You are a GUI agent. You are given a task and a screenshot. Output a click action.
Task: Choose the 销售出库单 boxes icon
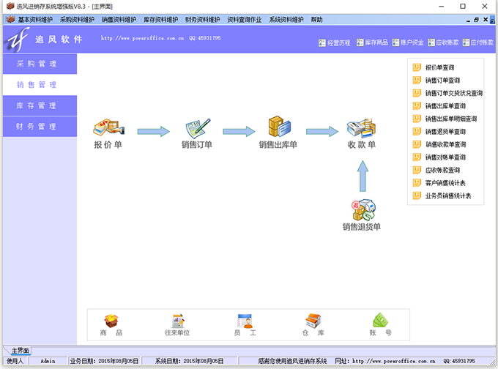(278, 127)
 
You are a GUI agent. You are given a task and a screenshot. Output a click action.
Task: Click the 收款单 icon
(362, 127)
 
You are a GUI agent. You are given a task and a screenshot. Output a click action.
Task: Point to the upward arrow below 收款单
(362, 176)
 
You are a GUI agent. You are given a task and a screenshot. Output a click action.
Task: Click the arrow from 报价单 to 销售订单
(153, 132)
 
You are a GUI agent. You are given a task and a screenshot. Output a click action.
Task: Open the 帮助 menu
(316, 20)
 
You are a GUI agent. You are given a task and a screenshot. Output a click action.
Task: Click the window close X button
(484, 6)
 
